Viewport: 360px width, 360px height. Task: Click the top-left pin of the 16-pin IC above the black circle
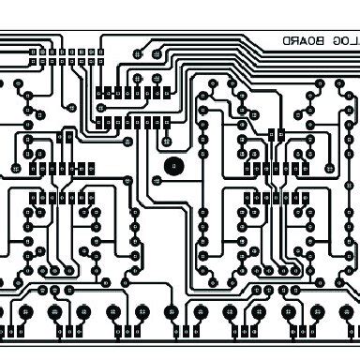97,91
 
